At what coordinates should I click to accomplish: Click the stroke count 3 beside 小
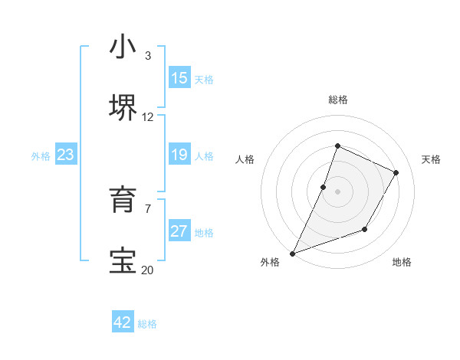pos(148,56)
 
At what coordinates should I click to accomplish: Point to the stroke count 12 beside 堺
pos(148,117)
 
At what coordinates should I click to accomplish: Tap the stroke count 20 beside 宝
pos(148,270)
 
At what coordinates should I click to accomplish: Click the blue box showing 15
pos(179,78)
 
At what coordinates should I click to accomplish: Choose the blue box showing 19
pos(179,155)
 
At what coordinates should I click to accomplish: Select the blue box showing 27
pos(179,231)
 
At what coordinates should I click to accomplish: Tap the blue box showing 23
pos(66,155)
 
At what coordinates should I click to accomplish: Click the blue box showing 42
pos(123,322)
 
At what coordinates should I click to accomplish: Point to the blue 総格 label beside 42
pos(148,324)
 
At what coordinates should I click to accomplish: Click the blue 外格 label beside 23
pos(41,156)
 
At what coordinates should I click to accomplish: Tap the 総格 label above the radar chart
pos(337,100)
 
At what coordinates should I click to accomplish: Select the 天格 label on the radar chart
pos(431,159)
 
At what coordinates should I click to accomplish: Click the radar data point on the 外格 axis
pos(292,253)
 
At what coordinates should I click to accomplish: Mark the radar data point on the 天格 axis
pos(396,172)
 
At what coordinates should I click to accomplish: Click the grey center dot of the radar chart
pos(337,191)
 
